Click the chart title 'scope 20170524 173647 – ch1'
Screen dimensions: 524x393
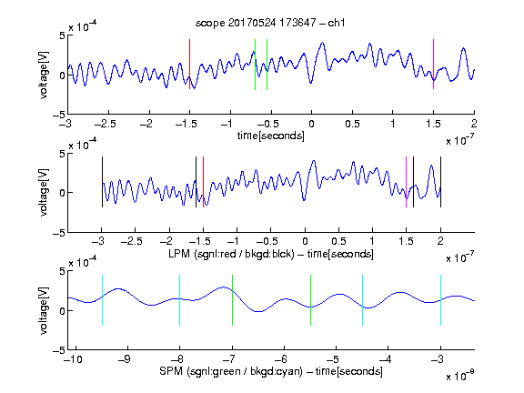pos(270,23)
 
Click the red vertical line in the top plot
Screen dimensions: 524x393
pos(189,65)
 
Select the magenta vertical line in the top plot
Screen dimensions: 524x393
pos(433,65)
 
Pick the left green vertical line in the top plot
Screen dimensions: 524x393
pos(255,65)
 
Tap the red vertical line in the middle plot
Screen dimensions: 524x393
pos(203,182)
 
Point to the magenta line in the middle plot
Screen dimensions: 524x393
pos(406,182)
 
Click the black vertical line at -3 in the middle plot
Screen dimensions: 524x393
pos(102,182)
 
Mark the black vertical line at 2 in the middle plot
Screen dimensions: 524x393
pos(440,182)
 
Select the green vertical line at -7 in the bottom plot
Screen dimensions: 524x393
pos(232,300)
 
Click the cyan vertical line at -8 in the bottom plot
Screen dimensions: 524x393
pos(179,300)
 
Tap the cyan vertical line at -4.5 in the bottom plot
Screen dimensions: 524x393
pos(362,300)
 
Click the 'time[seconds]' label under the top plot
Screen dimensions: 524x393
pos(271,136)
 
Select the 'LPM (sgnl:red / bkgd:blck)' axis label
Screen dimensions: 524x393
pos(231,254)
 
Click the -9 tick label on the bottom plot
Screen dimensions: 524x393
pos(125,359)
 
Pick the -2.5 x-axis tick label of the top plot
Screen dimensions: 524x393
pos(106,124)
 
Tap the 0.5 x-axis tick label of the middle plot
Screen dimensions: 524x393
pos(338,241)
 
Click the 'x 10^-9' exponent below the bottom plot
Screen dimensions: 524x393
pos(459,376)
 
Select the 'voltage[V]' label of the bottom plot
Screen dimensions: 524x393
pos(44,310)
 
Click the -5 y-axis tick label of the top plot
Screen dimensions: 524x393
pos(59,115)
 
